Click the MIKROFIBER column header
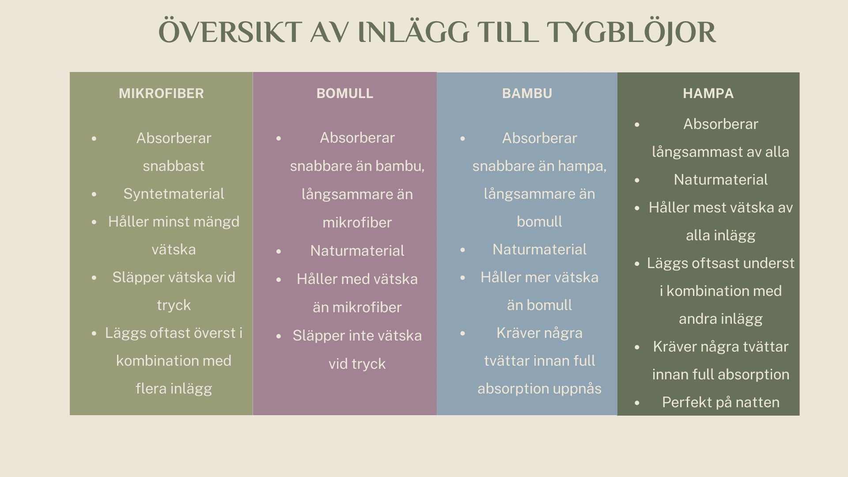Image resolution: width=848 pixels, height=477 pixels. (161, 94)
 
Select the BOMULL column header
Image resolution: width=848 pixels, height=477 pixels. (344, 94)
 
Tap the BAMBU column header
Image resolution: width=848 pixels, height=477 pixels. (527, 94)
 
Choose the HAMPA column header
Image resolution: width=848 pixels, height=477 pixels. (708, 94)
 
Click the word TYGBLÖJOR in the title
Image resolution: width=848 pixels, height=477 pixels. (631, 33)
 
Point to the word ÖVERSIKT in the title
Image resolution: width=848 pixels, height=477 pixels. (230, 33)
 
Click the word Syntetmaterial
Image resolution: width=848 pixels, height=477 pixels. (174, 194)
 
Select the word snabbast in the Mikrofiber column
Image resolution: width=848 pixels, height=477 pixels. (174, 166)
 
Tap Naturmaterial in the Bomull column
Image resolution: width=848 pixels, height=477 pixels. (357, 251)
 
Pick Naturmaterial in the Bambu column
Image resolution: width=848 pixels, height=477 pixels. (539, 250)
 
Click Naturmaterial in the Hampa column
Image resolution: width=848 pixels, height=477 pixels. (720, 180)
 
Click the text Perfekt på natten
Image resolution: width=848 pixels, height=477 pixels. (720, 402)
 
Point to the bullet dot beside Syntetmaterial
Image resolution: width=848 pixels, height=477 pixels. (94, 194)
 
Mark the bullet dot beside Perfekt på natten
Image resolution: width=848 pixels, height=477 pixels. (637, 403)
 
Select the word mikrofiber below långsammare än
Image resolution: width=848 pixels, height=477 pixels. (357, 223)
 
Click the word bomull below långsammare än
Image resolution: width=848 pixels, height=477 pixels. (539, 222)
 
